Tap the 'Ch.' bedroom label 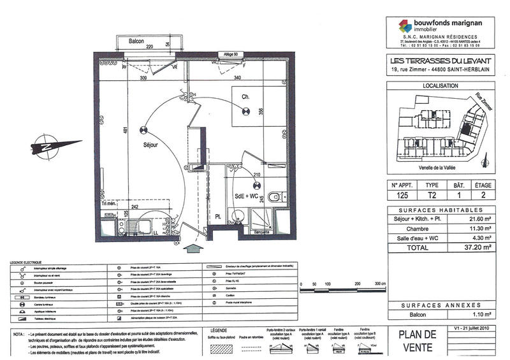pyautogui.click(x=244, y=97)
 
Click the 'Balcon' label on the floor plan pyautogui.click(x=136, y=41)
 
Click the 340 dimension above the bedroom pyautogui.click(x=237, y=78)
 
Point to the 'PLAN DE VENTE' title pyautogui.click(x=418, y=341)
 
